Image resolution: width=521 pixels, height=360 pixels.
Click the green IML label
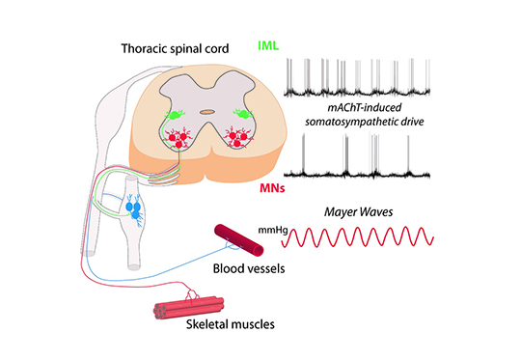point(268,45)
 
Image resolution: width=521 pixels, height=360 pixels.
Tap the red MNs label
point(272,188)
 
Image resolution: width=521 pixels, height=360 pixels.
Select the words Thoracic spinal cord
point(175,48)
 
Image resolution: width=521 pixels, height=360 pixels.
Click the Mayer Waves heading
point(359,211)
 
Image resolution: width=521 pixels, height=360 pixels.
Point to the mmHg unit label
point(273,230)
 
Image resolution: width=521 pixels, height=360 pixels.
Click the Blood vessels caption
point(249,268)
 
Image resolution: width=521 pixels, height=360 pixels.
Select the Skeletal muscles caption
point(231,324)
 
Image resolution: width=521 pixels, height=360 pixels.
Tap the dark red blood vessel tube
point(239,240)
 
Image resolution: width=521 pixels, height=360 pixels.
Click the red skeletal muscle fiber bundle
point(188,308)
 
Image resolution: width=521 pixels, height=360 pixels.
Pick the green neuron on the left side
point(174,116)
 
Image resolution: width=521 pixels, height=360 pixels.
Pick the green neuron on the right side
point(243,114)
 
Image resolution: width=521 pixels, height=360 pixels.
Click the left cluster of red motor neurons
point(178,138)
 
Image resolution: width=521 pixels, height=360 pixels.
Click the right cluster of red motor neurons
point(238,137)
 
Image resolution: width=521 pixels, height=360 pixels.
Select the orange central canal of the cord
point(207,112)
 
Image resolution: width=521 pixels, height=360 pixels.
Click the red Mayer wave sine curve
point(358,237)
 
